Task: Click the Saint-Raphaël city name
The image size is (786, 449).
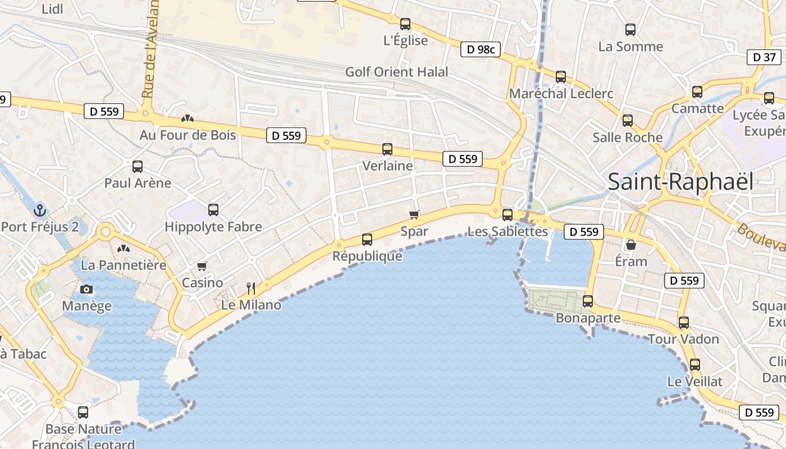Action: point(680,182)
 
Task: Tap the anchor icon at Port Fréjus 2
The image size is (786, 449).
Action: point(40,211)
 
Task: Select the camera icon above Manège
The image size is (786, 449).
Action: point(86,290)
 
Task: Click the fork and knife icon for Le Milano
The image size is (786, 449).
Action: point(251,288)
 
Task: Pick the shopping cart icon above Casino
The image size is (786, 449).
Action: point(202,266)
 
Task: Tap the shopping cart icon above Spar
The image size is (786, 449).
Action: point(414,214)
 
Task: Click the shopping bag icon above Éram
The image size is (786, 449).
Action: point(631,245)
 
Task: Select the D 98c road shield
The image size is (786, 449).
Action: point(481,49)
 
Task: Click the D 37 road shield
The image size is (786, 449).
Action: point(764,57)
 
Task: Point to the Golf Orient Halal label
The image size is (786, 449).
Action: point(396,72)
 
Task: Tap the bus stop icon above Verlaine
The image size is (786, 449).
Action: point(387,149)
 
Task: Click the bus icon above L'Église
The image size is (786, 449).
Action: point(405,24)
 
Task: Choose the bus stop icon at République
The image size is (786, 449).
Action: point(367,240)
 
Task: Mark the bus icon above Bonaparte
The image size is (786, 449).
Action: point(588,301)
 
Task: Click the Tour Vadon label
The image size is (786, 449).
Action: point(683,339)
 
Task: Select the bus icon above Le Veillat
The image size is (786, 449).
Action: point(695,365)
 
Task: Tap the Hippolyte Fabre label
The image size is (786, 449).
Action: point(213,227)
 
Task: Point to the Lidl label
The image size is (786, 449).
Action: point(53,8)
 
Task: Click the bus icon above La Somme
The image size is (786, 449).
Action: point(630,30)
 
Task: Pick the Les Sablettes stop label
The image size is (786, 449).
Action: point(508,231)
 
